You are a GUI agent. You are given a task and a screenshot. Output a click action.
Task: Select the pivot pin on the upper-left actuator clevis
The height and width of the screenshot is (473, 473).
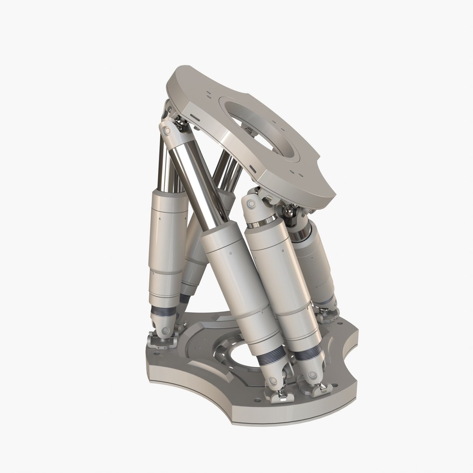[165, 131]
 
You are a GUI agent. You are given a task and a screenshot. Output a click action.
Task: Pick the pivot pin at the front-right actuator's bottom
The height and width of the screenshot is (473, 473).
[313, 375]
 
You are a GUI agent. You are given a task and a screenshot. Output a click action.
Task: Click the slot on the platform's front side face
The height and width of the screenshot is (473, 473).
[252, 168]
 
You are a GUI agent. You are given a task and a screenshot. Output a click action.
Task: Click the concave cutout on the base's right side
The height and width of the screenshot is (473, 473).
[350, 346]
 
